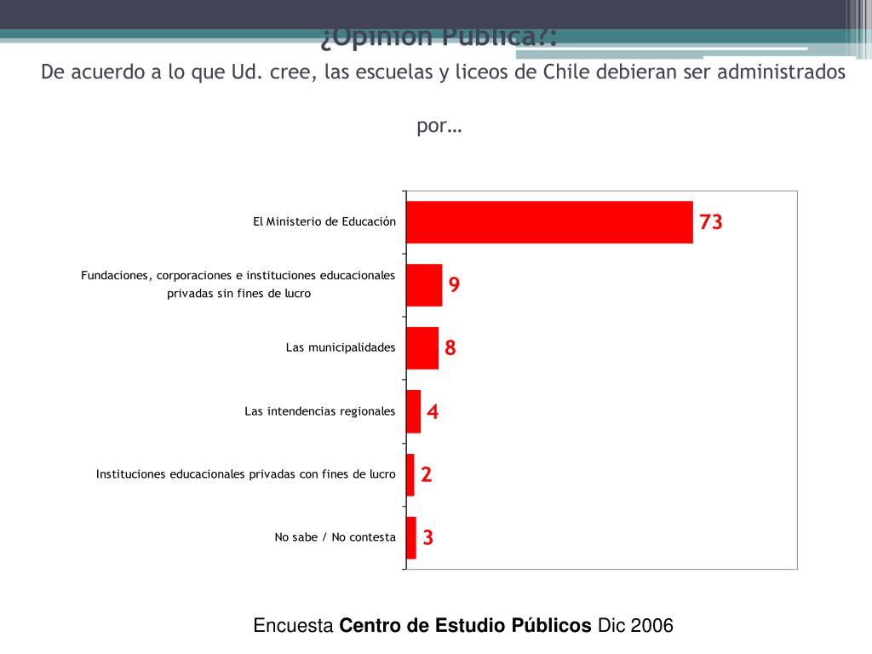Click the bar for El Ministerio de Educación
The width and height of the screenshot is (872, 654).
[549, 222]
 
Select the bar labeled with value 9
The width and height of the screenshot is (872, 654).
[424, 285]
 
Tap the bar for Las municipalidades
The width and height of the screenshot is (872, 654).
[422, 348]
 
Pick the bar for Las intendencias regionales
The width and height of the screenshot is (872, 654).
[414, 411]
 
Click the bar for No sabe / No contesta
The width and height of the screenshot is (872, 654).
[411, 537]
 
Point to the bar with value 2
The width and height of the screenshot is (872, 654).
[410, 474]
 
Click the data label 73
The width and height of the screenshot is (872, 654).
[711, 222]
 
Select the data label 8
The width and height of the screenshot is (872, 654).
[450, 348]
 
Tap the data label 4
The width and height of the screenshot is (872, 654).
[433, 412]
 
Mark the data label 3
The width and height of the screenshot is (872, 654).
[428, 538]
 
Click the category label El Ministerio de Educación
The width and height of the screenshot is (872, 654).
[324, 221]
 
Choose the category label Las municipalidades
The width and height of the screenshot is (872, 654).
[341, 347]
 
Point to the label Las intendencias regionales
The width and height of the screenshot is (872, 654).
[320, 411]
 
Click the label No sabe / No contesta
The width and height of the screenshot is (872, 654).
[335, 537]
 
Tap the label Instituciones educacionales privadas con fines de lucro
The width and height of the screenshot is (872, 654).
[246, 474]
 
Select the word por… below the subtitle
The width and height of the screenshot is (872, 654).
[439, 126]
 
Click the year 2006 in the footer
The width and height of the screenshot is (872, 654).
[651, 626]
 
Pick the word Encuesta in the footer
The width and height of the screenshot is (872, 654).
[294, 626]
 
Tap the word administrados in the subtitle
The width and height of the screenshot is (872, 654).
[781, 72]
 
